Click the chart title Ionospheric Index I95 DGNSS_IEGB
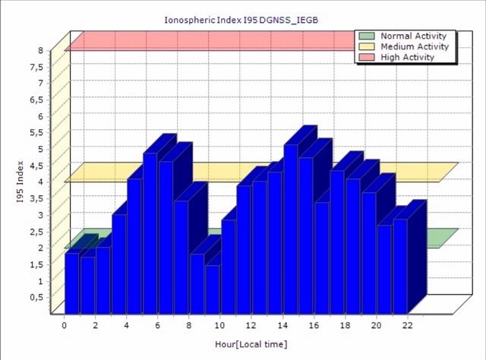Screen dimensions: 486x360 [x=241, y=21]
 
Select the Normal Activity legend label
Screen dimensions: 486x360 [x=413, y=36]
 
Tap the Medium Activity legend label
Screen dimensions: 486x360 [x=415, y=46]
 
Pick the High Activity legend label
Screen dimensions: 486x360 [x=408, y=57]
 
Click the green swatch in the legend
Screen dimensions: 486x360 [x=367, y=36]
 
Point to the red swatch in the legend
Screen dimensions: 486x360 [x=367, y=57]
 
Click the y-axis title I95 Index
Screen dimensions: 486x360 [x=21, y=182]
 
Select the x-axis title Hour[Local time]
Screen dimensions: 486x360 [x=251, y=344]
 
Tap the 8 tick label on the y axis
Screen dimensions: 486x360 [x=41, y=50]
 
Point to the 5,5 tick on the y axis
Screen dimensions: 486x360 [x=37, y=133]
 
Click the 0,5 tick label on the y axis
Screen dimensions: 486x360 [x=37, y=298]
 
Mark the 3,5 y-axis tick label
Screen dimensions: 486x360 [x=37, y=198]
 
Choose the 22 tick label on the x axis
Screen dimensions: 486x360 [x=408, y=325]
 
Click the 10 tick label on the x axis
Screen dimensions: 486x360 [x=219, y=325]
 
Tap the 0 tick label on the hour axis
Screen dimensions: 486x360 [x=64, y=325]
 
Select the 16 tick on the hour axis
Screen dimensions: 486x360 [x=314, y=325]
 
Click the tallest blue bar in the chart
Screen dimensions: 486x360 [x=291, y=229]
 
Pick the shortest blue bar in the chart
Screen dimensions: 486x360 [x=213, y=289]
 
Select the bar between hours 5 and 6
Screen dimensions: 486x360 [x=150, y=233]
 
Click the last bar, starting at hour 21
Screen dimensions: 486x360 [x=400, y=267]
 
